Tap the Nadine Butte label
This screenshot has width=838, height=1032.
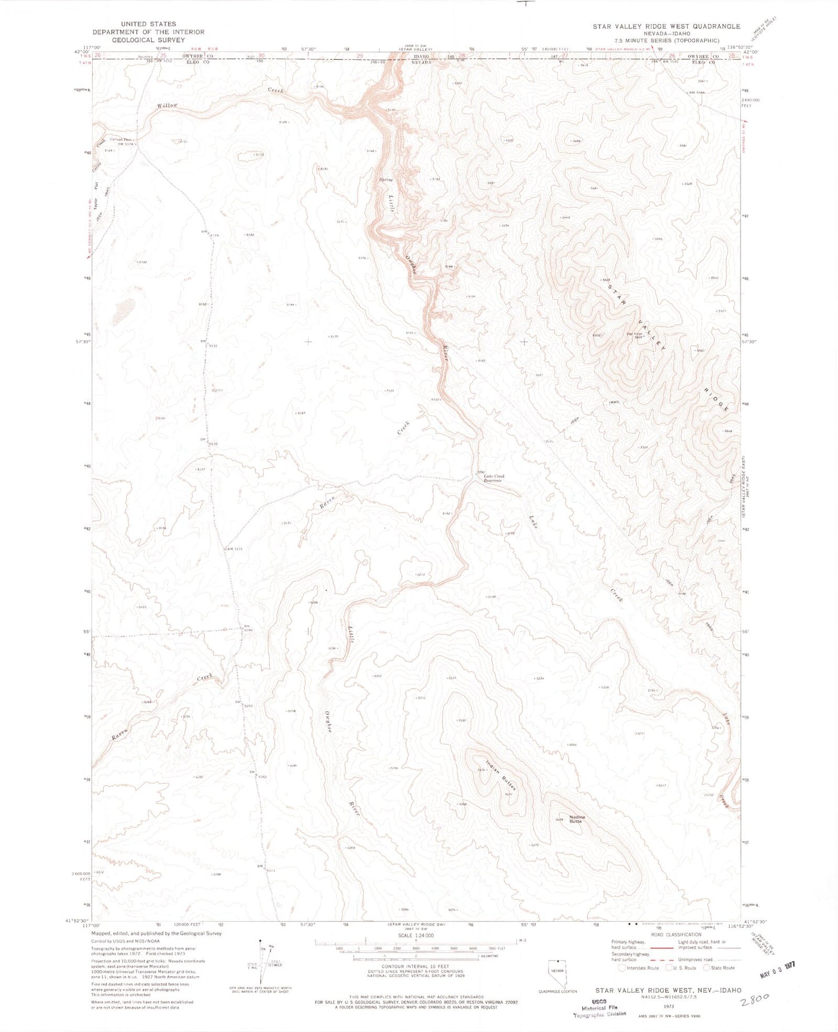tap(575, 819)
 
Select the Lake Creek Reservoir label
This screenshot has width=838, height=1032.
tap(494, 478)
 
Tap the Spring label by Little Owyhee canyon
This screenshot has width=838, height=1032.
tap(386, 179)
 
